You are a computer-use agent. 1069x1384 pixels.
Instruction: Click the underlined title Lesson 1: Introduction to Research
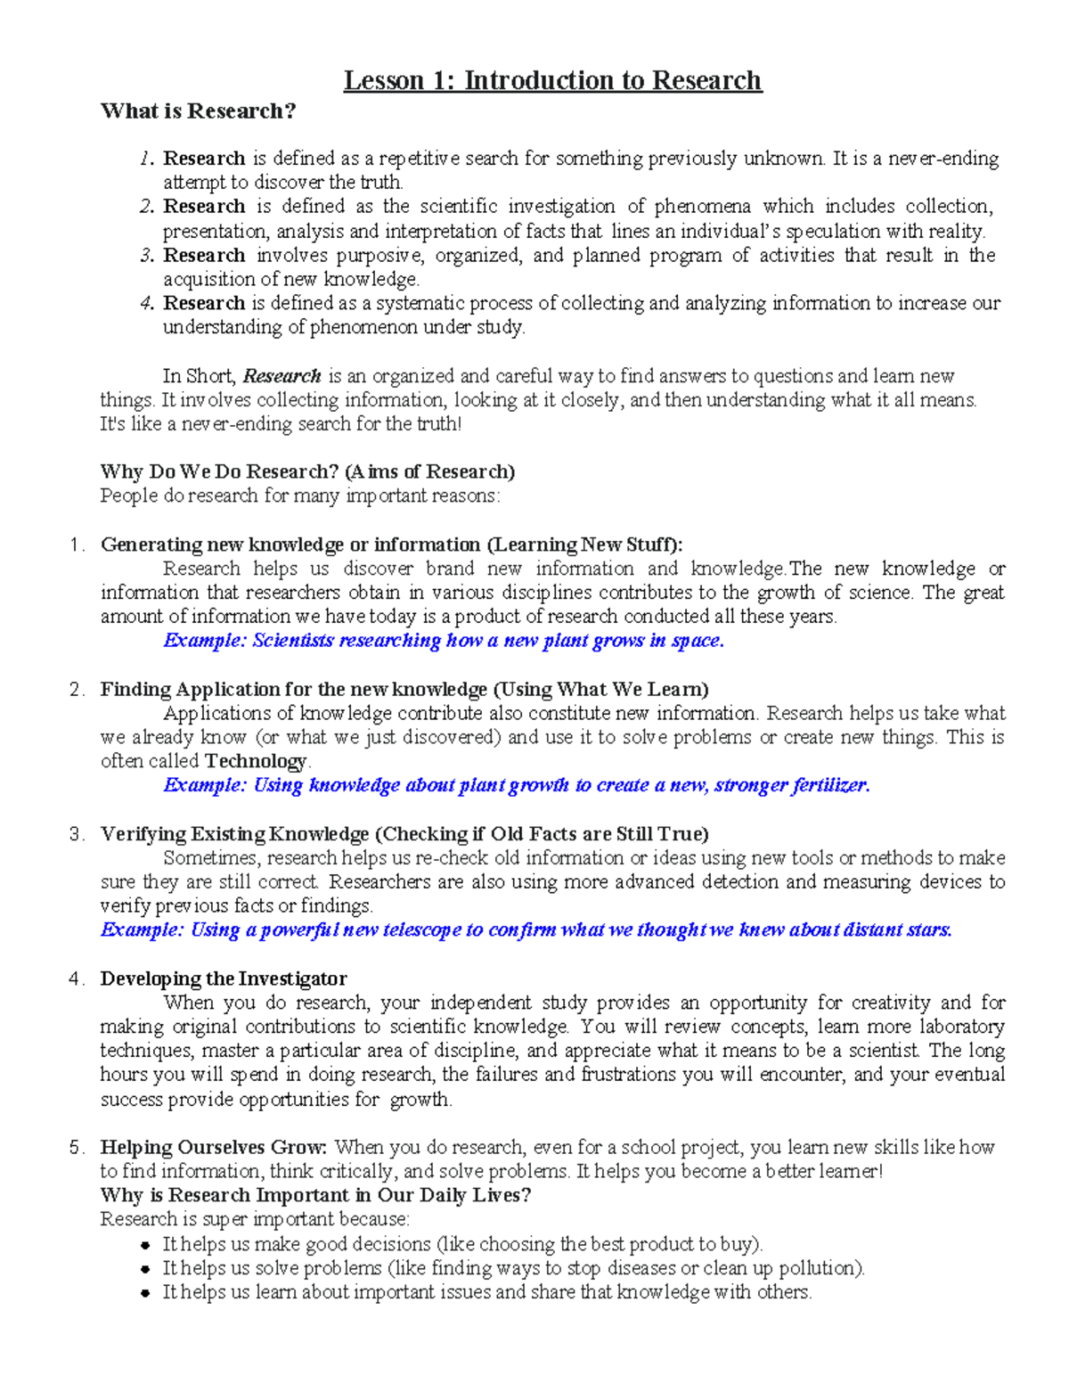point(552,81)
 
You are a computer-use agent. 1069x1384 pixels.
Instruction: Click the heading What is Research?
point(198,111)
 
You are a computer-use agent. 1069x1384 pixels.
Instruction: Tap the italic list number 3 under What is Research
point(147,256)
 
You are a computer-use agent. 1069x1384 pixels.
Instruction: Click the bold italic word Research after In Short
point(282,376)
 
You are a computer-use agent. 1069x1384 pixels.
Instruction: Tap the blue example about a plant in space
point(444,641)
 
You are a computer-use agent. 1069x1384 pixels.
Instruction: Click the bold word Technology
point(255,761)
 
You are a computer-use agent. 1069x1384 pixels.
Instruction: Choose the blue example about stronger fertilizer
point(517,785)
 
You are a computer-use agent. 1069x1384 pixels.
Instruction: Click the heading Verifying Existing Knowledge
point(404,834)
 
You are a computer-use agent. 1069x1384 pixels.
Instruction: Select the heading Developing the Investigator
point(224,979)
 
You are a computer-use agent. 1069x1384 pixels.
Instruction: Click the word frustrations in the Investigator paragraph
point(630,1075)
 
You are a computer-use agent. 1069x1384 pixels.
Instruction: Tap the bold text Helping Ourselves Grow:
point(214,1147)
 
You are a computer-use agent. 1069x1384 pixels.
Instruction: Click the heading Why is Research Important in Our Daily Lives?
point(315,1195)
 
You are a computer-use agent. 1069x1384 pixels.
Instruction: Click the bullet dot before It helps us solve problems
point(146,1269)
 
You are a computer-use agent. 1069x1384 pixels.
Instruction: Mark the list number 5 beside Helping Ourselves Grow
point(75,1148)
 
